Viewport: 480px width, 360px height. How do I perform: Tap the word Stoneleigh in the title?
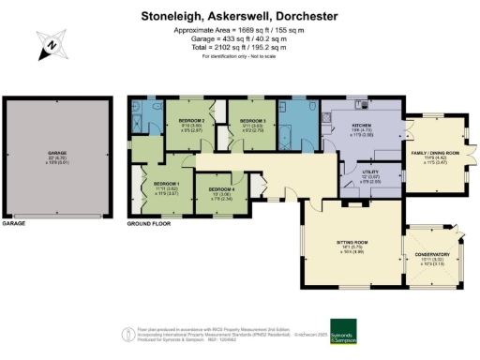point(170,16)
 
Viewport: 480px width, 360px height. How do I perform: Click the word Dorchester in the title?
point(307,16)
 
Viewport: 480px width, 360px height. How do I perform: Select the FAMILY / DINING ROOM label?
point(435,152)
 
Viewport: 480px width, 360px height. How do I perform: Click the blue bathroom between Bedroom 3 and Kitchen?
point(298,127)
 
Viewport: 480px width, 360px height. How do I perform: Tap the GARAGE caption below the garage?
point(14,226)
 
